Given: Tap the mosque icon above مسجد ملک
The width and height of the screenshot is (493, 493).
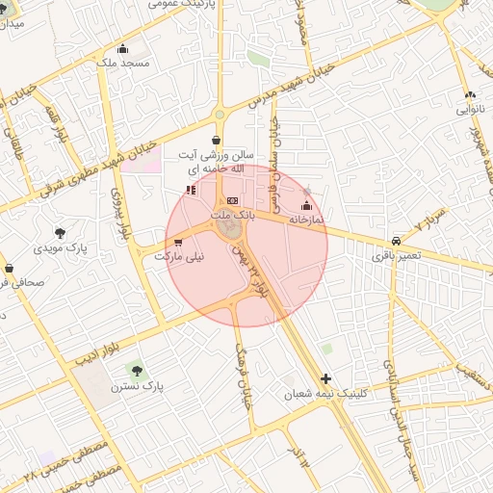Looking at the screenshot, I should (x=121, y=49).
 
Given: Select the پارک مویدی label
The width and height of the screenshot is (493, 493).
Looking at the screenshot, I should (x=60, y=247).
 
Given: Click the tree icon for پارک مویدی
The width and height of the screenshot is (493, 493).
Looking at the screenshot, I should (x=61, y=232).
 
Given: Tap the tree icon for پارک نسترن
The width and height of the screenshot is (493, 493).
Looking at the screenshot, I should (x=134, y=369).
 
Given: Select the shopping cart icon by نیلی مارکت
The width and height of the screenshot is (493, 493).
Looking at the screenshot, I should (x=178, y=242).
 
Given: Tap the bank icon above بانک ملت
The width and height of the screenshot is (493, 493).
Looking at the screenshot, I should (x=231, y=200).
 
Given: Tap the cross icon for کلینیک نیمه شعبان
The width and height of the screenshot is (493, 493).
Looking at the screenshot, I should (x=326, y=378).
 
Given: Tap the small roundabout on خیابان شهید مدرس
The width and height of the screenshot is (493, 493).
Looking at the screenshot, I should (x=220, y=115).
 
